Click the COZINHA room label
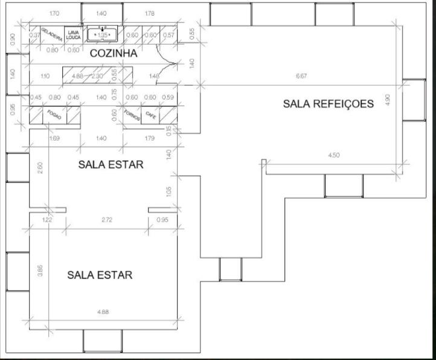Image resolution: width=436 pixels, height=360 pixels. point(114,53)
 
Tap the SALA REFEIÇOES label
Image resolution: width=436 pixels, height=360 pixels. point(328,104)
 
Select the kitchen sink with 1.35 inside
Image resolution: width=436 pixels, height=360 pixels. point(102,35)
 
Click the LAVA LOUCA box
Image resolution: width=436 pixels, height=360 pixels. point(73,34)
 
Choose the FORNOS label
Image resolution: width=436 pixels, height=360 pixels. point(132,115)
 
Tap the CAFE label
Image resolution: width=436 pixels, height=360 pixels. point(151,114)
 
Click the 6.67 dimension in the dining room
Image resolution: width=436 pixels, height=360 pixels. point(300,77)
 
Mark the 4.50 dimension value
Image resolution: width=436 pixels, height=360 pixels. point(333,155)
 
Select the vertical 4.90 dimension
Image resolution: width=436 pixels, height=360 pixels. point(388,100)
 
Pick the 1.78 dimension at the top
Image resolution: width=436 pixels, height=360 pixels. point(150,13)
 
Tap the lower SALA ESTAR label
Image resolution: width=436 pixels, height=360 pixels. point(100,275)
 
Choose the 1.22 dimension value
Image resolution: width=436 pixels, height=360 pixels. point(47,220)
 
